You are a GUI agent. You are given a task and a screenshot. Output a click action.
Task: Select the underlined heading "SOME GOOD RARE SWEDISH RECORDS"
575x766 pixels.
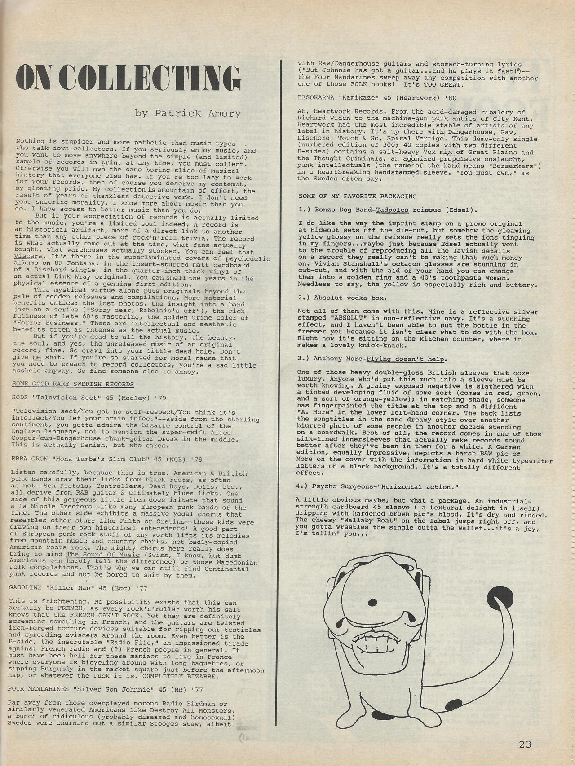point(72,384)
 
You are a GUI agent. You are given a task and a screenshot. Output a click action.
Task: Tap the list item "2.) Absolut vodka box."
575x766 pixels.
point(342,298)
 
